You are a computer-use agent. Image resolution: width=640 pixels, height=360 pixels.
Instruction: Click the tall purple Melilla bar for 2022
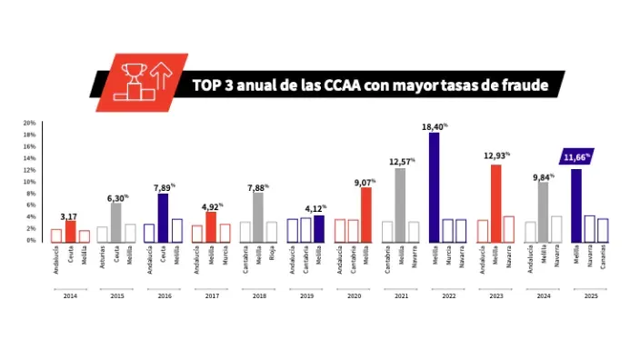pos(434,187)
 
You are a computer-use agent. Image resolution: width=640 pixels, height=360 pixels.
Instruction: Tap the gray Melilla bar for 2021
pos(400,205)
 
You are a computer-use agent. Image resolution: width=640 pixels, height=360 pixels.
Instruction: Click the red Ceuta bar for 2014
pos(71,231)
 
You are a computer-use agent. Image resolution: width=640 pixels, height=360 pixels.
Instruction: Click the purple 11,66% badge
pos(575,157)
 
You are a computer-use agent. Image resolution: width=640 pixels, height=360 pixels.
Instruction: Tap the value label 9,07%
pos(365,181)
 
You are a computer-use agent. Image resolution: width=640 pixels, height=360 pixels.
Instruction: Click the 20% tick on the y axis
pos(29,123)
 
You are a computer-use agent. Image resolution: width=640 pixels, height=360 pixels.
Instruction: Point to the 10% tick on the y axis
pos(29,182)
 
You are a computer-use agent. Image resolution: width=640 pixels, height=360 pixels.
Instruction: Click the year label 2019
pos(306,296)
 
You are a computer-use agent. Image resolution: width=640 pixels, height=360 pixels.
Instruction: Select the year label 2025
pos(590,296)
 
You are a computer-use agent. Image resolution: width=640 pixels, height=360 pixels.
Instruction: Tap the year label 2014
pos(71,296)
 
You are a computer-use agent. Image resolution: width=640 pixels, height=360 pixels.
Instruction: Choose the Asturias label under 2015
pos(103,258)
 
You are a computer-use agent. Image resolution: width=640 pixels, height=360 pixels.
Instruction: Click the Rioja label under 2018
pos(273,255)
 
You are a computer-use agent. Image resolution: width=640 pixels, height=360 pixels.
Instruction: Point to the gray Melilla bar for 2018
pos(258,216)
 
